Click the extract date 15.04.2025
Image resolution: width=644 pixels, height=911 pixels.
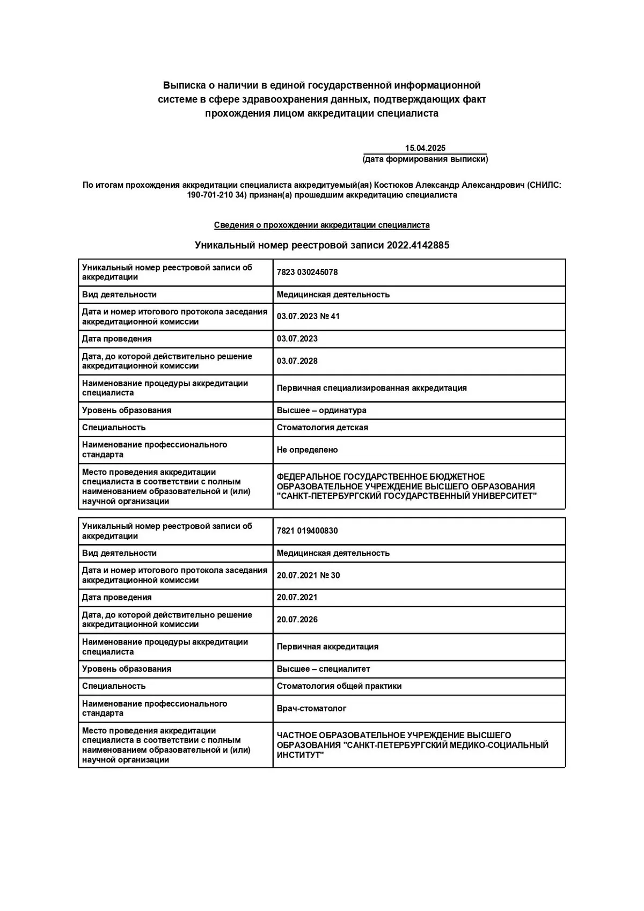point(425,148)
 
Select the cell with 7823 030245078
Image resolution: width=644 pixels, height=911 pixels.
point(307,272)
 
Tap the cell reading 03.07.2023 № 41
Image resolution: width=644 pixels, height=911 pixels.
point(308,317)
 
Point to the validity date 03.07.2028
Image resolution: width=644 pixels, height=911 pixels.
point(297,361)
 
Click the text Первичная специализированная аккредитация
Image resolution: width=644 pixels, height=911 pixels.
point(371,388)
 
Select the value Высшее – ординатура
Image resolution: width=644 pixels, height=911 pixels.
point(321,410)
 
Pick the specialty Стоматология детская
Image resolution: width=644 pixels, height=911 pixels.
point(322,428)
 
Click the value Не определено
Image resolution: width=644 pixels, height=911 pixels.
point(307,450)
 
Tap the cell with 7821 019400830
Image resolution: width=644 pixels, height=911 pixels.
point(307,531)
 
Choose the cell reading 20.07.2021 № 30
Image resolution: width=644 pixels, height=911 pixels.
point(308,575)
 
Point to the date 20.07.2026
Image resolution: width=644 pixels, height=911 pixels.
point(297,620)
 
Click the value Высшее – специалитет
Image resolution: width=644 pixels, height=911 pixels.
point(323,669)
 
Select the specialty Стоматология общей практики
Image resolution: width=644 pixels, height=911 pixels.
point(339,686)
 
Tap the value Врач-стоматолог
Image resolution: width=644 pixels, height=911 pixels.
point(311,708)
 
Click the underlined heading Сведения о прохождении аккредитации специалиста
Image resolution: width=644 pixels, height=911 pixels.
point(321,225)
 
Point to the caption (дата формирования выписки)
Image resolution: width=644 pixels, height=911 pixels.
point(425,159)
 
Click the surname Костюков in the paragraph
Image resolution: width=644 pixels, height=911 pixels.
point(393,185)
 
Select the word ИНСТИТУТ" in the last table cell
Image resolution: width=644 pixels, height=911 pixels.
point(300,755)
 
